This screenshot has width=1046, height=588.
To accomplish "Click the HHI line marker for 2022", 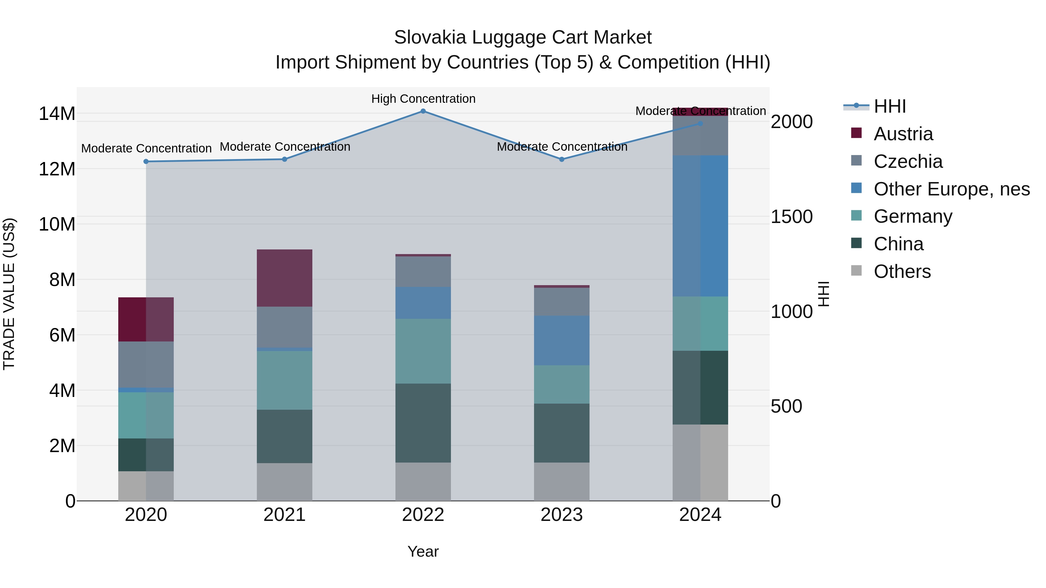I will point(423,111).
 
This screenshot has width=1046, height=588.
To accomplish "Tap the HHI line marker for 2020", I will point(146,161).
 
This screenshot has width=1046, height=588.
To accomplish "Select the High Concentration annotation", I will point(423,99).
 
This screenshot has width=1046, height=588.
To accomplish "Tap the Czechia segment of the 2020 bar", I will point(146,364).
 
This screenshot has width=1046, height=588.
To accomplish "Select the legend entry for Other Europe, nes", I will point(951,189).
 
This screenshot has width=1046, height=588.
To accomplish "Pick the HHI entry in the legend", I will point(889,106).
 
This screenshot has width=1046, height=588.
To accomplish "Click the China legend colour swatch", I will point(856,244).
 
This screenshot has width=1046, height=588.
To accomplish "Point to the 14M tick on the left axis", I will point(57,114).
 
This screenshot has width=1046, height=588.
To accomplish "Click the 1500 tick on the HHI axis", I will point(791,217).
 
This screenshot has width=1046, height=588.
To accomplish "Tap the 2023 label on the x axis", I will point(562,515).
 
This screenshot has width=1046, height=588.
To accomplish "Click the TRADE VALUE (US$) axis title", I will point(9,294).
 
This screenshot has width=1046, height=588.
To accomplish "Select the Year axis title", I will point(423,551).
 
